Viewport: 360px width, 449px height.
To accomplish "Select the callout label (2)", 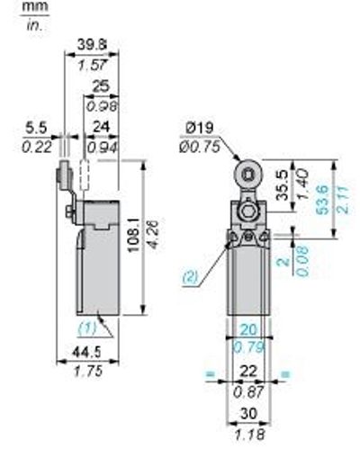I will [x=189, y=277].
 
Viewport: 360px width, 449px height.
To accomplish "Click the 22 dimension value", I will [x=247, y=372].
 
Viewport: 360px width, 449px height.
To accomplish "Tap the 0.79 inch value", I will [x=247, y=347].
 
